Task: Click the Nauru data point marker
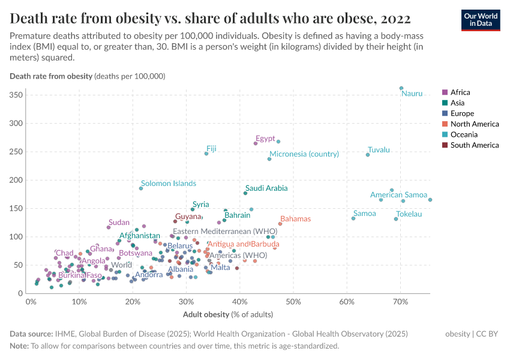401,88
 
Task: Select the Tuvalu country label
379,150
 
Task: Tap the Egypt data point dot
256,143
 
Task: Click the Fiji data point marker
206,154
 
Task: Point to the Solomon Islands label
169,183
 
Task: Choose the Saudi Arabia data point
245,193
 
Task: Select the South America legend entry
474,145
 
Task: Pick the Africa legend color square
445,92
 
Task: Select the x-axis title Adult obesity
206,314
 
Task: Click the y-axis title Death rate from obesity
51,76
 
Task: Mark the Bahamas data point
280,224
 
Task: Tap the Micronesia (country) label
304,154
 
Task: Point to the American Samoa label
398,195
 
